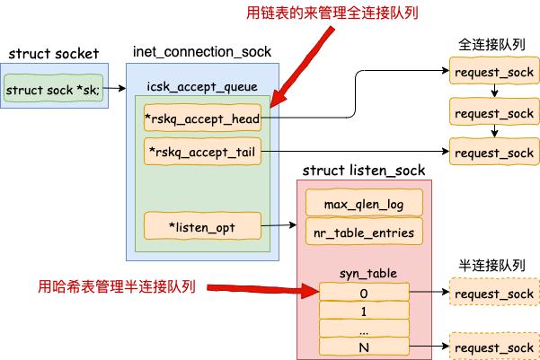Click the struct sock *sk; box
click(x=53, y=90)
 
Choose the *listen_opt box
click(x=202, y=227)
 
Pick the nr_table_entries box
click(x=364, y=233)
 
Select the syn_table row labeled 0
click(x=364, y=293)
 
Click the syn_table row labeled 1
click(x=364, y=311)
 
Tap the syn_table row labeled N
click(x=364, y=346)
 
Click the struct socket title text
click(x=53, y=54)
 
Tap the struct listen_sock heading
click(x=363, y=170)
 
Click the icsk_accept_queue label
click(x=201, y=85)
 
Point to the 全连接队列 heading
click(x=492, y=43)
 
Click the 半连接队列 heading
click(x=492, y=268)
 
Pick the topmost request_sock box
click(x=493, y=70)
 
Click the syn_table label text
click(x=364, y=272)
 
